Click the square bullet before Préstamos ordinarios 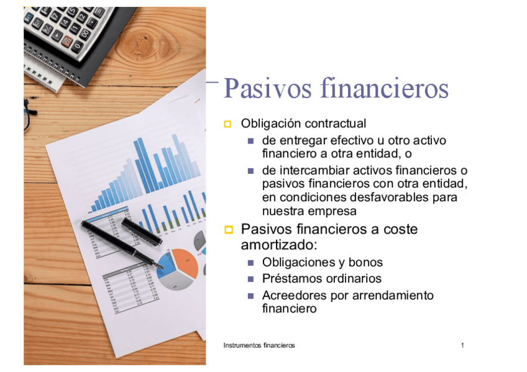pos(251,279)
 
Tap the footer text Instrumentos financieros pos(259,345)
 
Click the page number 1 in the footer pos(463,345)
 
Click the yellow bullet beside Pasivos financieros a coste pos(227,230)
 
